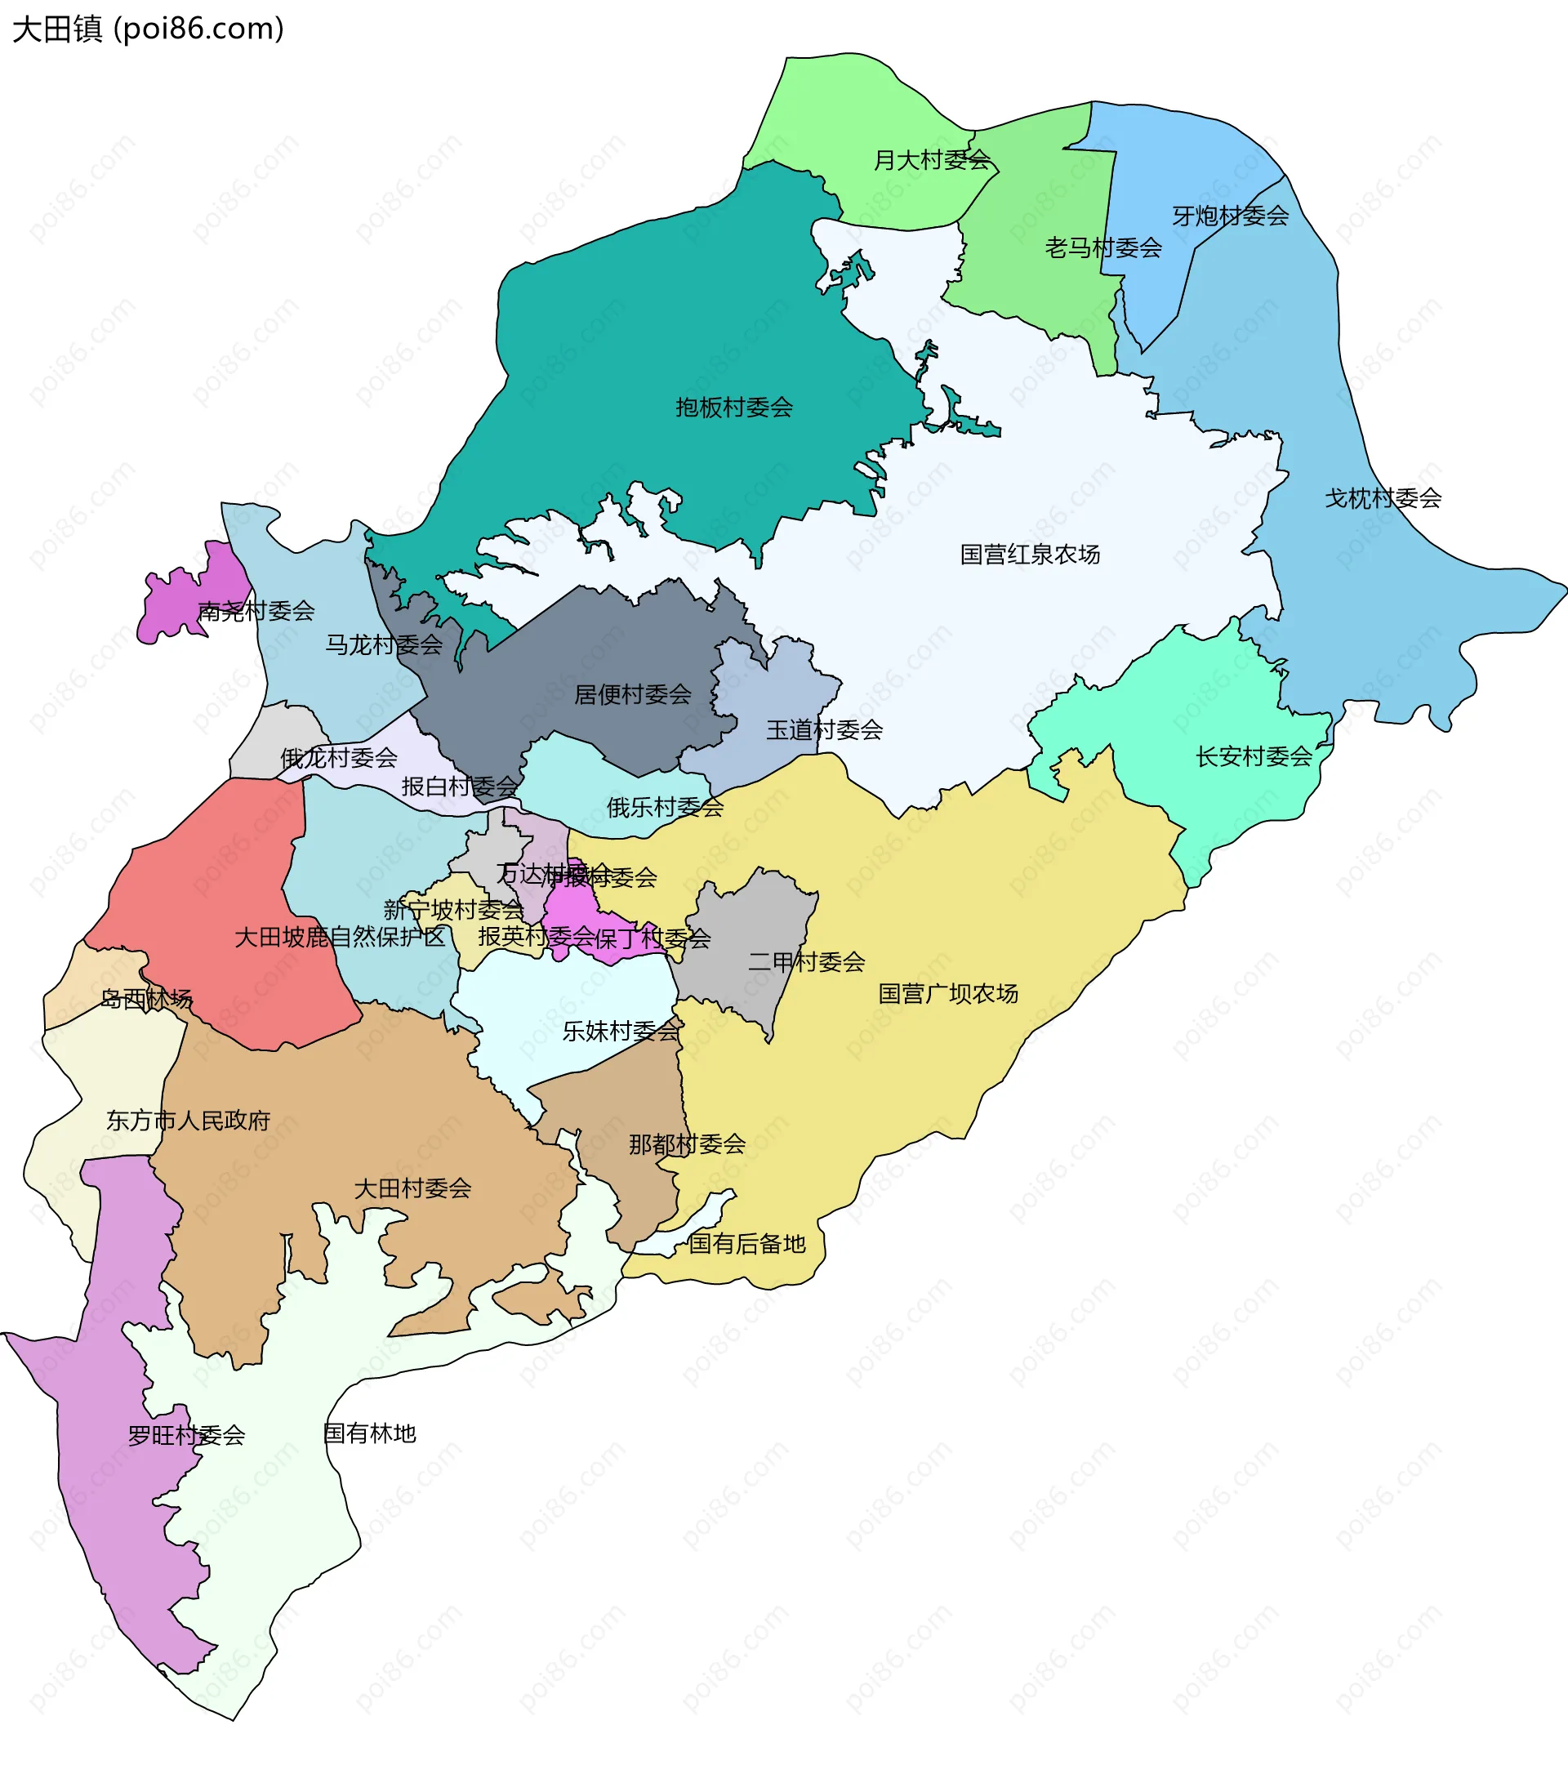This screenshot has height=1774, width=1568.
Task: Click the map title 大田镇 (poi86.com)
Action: tap(148, 29)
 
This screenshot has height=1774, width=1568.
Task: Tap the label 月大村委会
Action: tap(931, 160)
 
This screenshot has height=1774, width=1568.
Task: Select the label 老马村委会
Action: tap(1102, 248)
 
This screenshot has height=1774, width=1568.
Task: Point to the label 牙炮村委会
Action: tap(1230, 216)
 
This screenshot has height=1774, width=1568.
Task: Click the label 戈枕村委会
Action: tap(1383, 498)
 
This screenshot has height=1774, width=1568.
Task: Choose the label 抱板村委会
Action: tap(734, 407)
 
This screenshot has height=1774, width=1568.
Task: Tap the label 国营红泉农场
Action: tap(1029, 554)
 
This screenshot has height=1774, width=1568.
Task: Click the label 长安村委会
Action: tap(1254, 756)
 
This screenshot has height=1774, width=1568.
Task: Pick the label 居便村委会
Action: tap(633, 694)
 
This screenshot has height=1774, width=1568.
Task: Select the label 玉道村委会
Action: tap(823, 730)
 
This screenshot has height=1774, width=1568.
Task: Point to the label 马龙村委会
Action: tap(384, 645)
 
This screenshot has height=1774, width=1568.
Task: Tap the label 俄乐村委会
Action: tap(665, 807)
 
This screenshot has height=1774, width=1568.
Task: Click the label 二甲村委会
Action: tap(806, 961)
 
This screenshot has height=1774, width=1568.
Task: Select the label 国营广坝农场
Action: tap(947, 993)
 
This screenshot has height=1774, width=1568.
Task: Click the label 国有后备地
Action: tap(746, 1244)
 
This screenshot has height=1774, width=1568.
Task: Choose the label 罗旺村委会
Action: tap(186, 1436)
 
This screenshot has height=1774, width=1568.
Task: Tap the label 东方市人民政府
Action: tap(189, 1121)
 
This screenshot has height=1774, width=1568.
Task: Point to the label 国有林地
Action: tap(370, 1433)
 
